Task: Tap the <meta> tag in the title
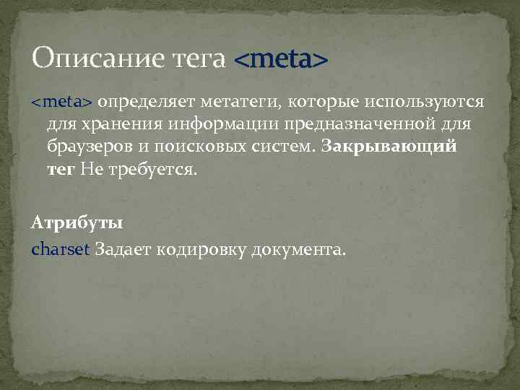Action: click(281, 58)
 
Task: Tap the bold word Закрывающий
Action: click(389, 147)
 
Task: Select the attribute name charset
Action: click(61, 249)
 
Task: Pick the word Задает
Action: click(121, 249)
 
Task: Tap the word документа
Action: click(299, 249)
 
